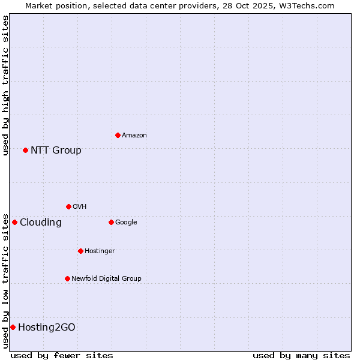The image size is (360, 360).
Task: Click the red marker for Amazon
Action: point(118,135)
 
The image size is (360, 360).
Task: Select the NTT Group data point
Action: point(25,150)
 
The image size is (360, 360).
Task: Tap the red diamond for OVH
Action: point(68,206)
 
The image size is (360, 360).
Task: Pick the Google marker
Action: point(111,222)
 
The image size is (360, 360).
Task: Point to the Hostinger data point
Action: point(80,251)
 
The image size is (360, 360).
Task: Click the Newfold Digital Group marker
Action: point(67,278)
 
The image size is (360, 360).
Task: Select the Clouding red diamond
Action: point(14,222)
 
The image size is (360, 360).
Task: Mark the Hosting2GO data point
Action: point(13,327)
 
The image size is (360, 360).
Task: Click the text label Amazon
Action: point(134,136)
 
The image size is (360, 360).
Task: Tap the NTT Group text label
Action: point(56,151)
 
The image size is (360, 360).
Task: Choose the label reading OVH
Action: point(80,207)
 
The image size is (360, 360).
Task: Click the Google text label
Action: point(126,223)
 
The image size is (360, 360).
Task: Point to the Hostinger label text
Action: point(100,251)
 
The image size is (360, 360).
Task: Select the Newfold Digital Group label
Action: point(106,278)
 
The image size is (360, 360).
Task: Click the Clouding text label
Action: point(41,223)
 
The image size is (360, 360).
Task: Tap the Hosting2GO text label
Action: point(47,328)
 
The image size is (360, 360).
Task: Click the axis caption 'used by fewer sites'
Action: point(62,355)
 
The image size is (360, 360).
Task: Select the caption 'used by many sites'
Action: point(301,355)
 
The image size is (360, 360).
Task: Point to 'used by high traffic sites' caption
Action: point(5,86)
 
